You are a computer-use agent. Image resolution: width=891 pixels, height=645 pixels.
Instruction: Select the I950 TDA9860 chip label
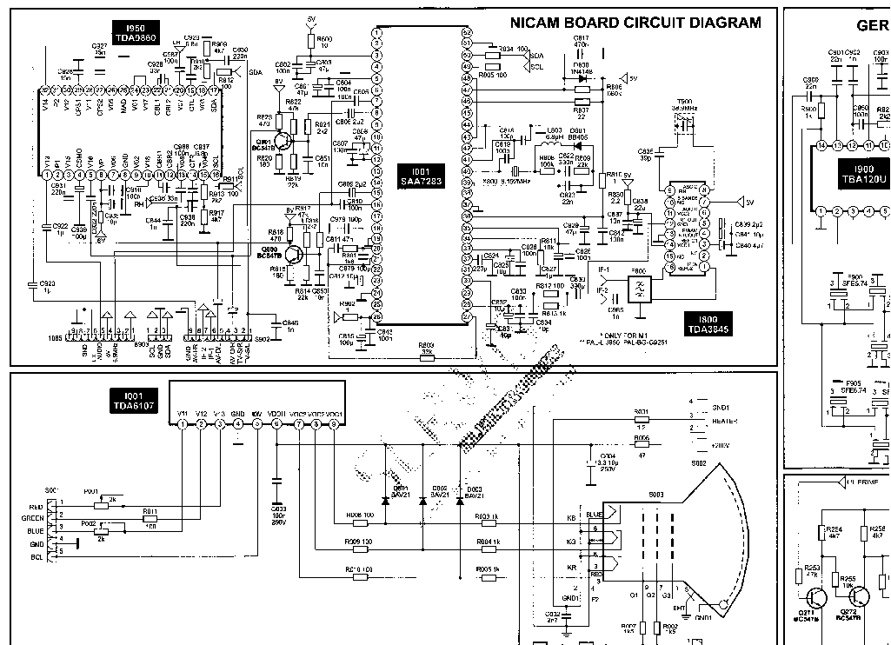[x=135, y=34]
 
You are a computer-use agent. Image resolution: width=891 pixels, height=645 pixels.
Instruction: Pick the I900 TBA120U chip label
[x=863, y=174]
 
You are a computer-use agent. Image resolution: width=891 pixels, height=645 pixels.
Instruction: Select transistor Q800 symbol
[x=295, y=253]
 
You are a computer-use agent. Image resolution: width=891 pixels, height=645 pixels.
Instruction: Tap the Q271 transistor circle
[x=817, y=599]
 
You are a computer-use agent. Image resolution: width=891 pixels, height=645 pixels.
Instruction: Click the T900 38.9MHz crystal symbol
[x=684, y=123]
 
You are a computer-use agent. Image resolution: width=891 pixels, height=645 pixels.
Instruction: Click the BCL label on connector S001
[x=36, y=556]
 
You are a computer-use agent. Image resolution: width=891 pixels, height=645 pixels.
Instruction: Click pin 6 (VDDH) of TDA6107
[x=276, y=423]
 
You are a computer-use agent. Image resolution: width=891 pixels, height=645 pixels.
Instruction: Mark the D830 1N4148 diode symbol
[x=582, y=77]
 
